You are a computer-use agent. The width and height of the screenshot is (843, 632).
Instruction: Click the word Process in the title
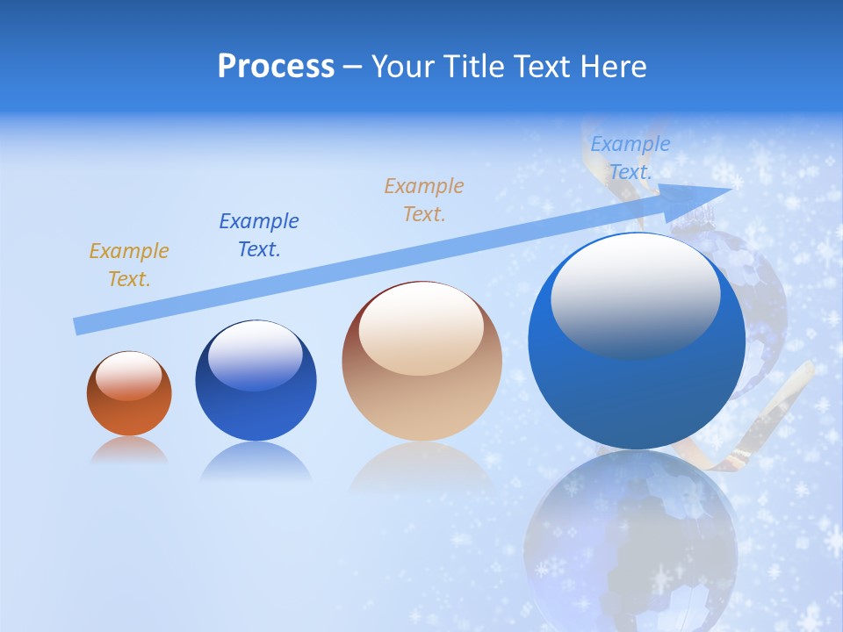tap(276, 67)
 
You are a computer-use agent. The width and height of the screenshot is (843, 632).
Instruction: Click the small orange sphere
tap(129, 394)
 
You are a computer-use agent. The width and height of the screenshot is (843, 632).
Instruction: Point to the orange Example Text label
tap(129, 265)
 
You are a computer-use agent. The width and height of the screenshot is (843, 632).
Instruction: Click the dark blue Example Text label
tap(259, 235)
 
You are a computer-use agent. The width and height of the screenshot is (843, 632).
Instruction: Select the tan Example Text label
tap(424, 199)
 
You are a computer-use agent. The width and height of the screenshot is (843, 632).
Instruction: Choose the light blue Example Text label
tap(630, 158)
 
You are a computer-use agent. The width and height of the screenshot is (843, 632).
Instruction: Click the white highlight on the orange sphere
tap(129, 376)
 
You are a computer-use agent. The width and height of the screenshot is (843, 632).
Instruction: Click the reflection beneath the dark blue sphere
tap(256, 462)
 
